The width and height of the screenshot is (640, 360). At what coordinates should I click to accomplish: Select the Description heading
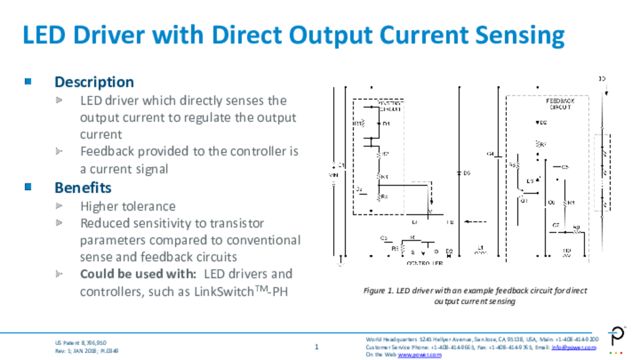point(94,82)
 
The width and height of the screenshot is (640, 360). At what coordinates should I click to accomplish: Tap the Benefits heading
point(82,187)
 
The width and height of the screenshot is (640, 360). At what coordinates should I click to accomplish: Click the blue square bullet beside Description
point(27,81)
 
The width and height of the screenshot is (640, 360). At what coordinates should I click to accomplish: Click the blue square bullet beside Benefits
point(27,186)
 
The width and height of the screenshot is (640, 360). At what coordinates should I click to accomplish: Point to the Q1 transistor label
point(524,201)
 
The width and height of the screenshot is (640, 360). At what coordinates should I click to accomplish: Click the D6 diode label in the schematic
point(466,172)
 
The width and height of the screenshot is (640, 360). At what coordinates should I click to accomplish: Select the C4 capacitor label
point(490,153)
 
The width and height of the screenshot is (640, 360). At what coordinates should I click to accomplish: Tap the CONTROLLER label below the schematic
point(425,262)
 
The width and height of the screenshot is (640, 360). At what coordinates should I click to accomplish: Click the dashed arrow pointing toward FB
point(476,221)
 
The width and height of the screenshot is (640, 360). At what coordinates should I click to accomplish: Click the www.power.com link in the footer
point(419,355)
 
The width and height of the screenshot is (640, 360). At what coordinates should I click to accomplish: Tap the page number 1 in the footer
point(317,347)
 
